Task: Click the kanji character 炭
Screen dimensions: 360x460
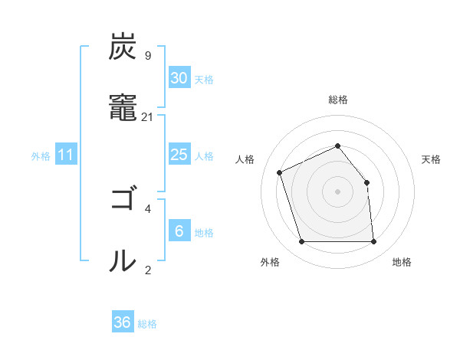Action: [x=123, y=47]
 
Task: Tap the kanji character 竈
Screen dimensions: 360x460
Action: [x=123, y=108]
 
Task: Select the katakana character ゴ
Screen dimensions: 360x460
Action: [x=123, y=200]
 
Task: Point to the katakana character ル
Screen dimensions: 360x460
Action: [x=123, y=261]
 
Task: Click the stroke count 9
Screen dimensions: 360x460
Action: [x=147, y=55]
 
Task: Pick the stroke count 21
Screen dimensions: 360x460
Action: [x=147, y=116]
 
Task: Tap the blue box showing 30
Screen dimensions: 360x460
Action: [x=179, y=78]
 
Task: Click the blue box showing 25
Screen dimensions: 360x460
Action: [x=179, y=155]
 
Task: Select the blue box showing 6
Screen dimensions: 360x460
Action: [x=179, y=231]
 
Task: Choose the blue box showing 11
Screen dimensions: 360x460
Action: [x=65, y=155]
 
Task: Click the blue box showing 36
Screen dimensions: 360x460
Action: [x=122, y=322]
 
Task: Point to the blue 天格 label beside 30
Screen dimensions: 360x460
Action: [x=203, y=79]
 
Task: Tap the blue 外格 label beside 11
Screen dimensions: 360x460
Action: [x=41, y=155]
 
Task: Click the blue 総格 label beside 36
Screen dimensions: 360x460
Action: [x=147, y=323]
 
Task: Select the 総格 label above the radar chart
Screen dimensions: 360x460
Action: [x=337, y=100]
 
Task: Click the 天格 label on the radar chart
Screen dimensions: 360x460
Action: [x=431, y=159]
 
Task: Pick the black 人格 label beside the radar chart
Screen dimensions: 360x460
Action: [x=245, y=159]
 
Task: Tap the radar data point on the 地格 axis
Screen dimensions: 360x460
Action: [x=374, y=242]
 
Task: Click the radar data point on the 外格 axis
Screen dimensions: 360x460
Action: [x=301, y=242]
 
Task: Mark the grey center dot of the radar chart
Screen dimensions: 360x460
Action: [x=337, y=191]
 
